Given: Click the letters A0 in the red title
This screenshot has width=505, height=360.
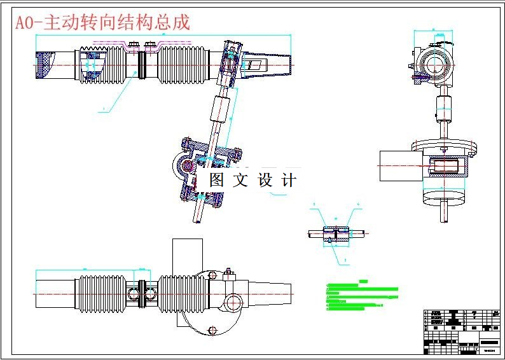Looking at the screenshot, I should pyautogui.click(x=24, y=23).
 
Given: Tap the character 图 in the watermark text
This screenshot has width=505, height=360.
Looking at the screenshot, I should pyautogui.click(x=217, y=180).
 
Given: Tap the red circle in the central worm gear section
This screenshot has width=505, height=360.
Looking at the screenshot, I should pyautogui.click(x=189, y=166).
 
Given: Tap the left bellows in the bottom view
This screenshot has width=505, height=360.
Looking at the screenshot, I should pyautogui.click(x=102, y=293).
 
